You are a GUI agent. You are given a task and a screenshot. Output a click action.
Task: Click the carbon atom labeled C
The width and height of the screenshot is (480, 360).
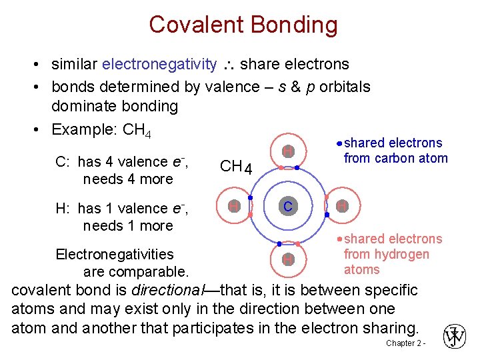pyautogui.click(x=287, y=207)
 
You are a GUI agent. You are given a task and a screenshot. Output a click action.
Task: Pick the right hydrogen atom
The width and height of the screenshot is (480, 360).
pyautogui.click(x=341, y=207)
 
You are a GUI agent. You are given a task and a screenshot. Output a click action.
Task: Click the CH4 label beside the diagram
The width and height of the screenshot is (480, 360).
pyautogui.click(x=235, y=167)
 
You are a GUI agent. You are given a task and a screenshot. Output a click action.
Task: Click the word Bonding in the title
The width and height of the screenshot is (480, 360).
pyautogui.click(x=293, y=25)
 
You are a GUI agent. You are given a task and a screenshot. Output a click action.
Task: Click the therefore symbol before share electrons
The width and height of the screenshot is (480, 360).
pyautogui.click(x=228, y=65)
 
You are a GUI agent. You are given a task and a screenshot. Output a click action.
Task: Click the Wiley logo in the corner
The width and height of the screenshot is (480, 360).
pyautogui.click(x=455, y=337)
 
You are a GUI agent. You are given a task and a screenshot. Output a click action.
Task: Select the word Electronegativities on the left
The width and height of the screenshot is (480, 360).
pyautogui.click(x=114, y=254)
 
